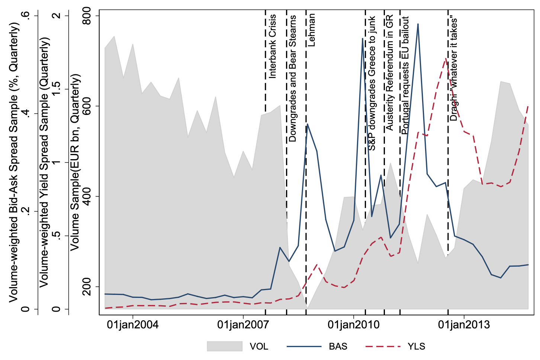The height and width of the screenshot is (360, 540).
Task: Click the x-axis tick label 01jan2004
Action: click(132, 324)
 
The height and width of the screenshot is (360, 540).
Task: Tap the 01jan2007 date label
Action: click(243, 324)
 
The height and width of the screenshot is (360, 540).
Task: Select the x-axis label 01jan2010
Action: click(353, 324)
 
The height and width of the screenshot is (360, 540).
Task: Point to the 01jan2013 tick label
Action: click(464, 324)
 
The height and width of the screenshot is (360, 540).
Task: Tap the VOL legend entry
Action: click(259, 346)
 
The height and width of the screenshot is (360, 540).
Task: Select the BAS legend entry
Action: click(338, 346)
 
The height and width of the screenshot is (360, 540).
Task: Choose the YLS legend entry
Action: click(416, 346)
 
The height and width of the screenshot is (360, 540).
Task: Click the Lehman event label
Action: click(312, 30)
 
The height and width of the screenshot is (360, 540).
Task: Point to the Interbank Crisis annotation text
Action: click(272, 46)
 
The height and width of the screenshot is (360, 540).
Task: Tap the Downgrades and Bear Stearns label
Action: click(293, 78)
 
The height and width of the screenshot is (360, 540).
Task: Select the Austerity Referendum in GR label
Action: click(389, 73)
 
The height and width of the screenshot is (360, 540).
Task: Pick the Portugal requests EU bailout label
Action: click(405, 75)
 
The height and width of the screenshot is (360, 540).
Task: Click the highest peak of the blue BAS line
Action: click(418, 24)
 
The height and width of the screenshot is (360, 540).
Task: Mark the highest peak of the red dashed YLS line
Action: click(445, 59)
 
